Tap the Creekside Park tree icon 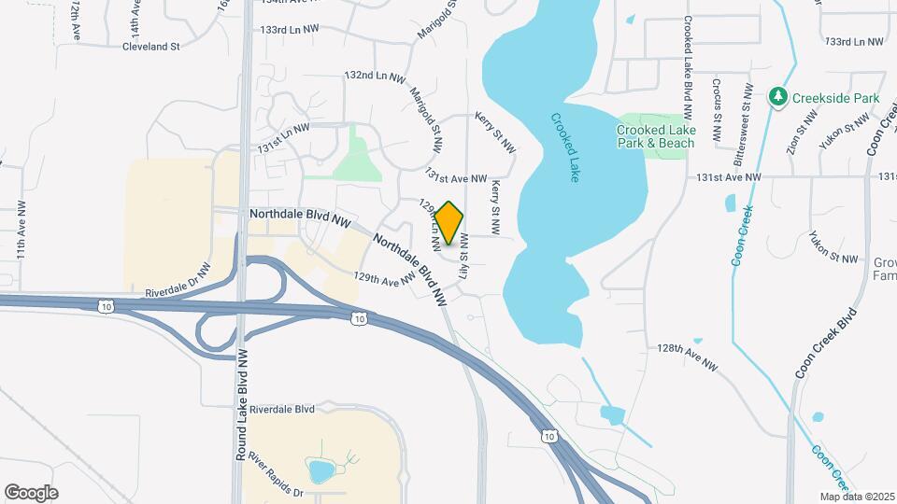pyautogui.click(x=777, y=97)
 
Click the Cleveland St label pyautogui.click(x=150, y=46)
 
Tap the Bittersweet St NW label pyautogui.click(x=747, y=114)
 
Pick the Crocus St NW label pyautogui.click(x=717, y=109)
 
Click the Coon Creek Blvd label pyautogui.click(x=826, y=343)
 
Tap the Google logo pyautogui.click(x=31, y=493)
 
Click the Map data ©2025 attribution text pyautogui.click(x=858, y=497)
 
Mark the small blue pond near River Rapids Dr pyautogui.click(x=320, y=470)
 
